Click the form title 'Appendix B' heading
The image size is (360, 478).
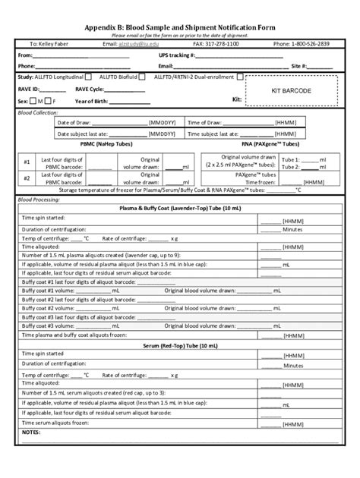tap(180, 26)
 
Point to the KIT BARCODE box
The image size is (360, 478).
tap(291, 90)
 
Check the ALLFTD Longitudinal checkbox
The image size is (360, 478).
tap(89, 77)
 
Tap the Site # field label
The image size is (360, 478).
tap(301, 66)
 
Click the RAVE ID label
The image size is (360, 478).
tap(28, 89)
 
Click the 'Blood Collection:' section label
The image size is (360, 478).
tap(38, 112)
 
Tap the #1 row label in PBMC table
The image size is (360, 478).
tap(27, 162)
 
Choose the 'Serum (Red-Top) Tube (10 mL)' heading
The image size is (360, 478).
tap(180, 345)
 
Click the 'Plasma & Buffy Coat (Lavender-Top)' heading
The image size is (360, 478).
tap(180, 207)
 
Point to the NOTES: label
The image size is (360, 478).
tap(31, 432)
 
